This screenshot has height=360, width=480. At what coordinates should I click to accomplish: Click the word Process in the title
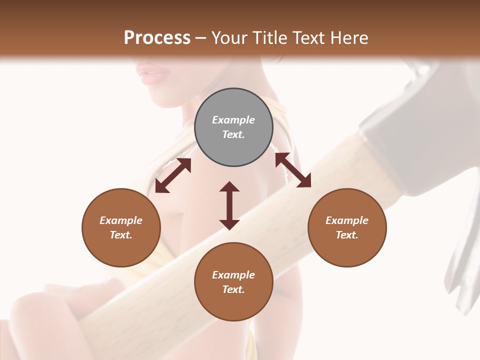157,38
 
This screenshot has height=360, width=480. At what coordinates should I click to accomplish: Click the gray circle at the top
233,127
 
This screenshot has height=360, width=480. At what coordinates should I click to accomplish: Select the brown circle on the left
121,227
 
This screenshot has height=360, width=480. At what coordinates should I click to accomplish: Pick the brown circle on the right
347,227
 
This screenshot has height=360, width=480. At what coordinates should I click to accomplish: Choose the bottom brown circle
233,282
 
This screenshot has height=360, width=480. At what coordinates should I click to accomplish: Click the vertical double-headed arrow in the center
229,205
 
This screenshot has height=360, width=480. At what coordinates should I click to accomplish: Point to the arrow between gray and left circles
173,175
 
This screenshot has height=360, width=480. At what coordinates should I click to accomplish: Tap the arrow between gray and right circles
293,170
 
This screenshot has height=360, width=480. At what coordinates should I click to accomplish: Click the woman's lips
153,74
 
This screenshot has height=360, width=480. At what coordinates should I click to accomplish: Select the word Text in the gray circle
233,134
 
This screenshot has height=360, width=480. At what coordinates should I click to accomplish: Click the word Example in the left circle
121,220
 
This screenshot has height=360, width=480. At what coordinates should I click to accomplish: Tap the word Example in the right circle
347,220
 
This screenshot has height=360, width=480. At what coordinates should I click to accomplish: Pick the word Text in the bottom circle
233,289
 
